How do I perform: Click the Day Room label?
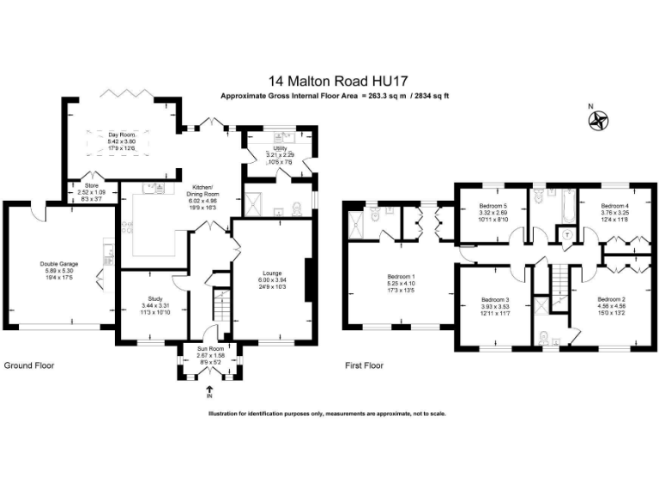coord(122,135)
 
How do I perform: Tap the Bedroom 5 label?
coord(493,207)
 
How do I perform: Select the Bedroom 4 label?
coord(614,207)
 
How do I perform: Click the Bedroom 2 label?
coord(612,299)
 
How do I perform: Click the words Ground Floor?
coord(29,364)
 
